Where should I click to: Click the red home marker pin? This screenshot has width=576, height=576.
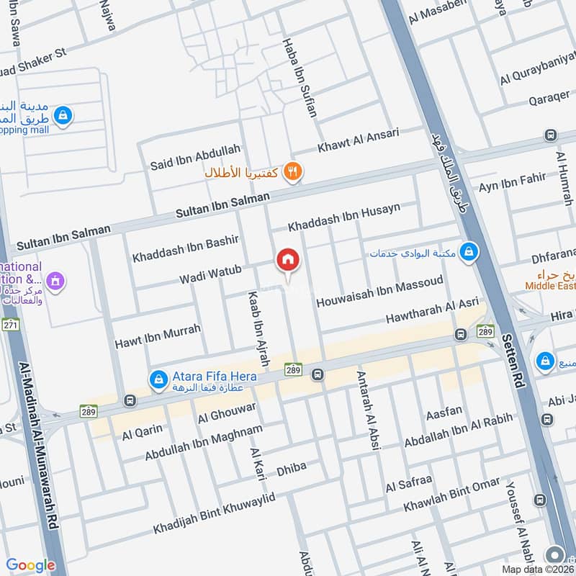coord(288,260)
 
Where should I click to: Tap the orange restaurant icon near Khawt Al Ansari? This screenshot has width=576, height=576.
coord(292,171)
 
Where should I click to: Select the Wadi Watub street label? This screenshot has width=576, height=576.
coord(210,274)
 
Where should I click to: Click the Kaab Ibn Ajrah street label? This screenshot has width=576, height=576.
coord(258,330)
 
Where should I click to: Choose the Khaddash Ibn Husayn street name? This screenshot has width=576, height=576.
coord(343,218)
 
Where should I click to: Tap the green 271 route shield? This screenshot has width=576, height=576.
coord(10,325)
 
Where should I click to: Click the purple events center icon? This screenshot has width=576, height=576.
coord(55,279)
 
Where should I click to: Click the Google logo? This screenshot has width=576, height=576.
coord(30,565)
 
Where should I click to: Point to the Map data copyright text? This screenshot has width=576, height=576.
coord(536,569)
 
